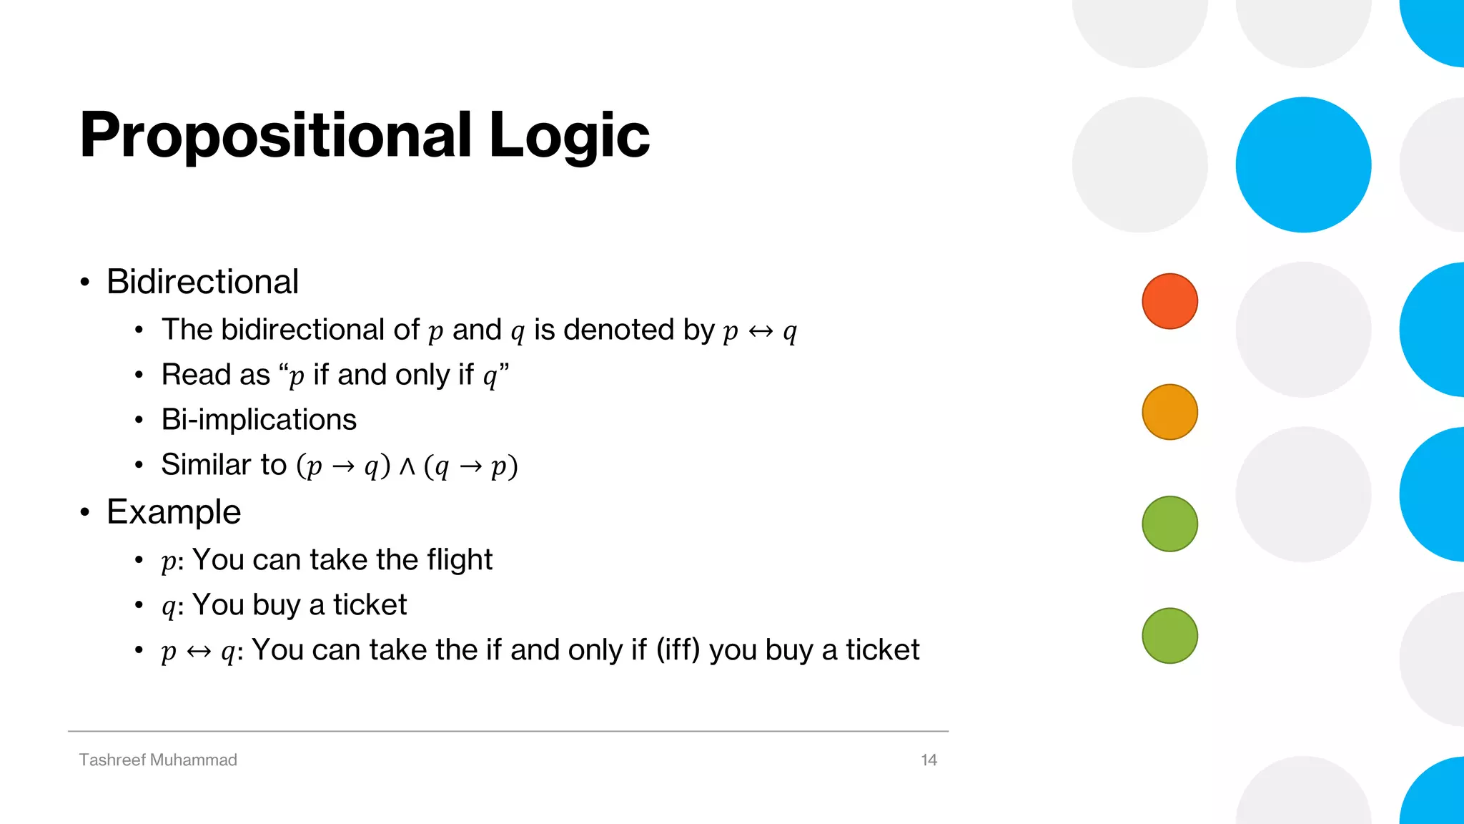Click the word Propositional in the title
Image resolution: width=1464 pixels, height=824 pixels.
point(275,136)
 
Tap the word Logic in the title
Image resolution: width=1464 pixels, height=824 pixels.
point(569,136)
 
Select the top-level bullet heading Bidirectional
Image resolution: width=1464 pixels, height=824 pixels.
point(202,282)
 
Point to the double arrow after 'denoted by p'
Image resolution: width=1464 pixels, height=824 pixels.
point(761,331)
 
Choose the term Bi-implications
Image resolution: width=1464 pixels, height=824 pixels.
point(259,420)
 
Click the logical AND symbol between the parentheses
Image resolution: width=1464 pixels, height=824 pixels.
point(407,466)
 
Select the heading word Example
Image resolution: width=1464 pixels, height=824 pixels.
point(174,512)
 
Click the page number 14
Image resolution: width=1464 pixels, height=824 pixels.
point(929,760)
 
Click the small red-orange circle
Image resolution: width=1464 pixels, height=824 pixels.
point(1169,301)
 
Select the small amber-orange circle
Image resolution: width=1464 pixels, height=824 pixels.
point(1169,412)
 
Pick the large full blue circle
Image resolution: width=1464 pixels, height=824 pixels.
point(1303,165)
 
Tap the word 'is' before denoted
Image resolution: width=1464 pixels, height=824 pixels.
point(544,330)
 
